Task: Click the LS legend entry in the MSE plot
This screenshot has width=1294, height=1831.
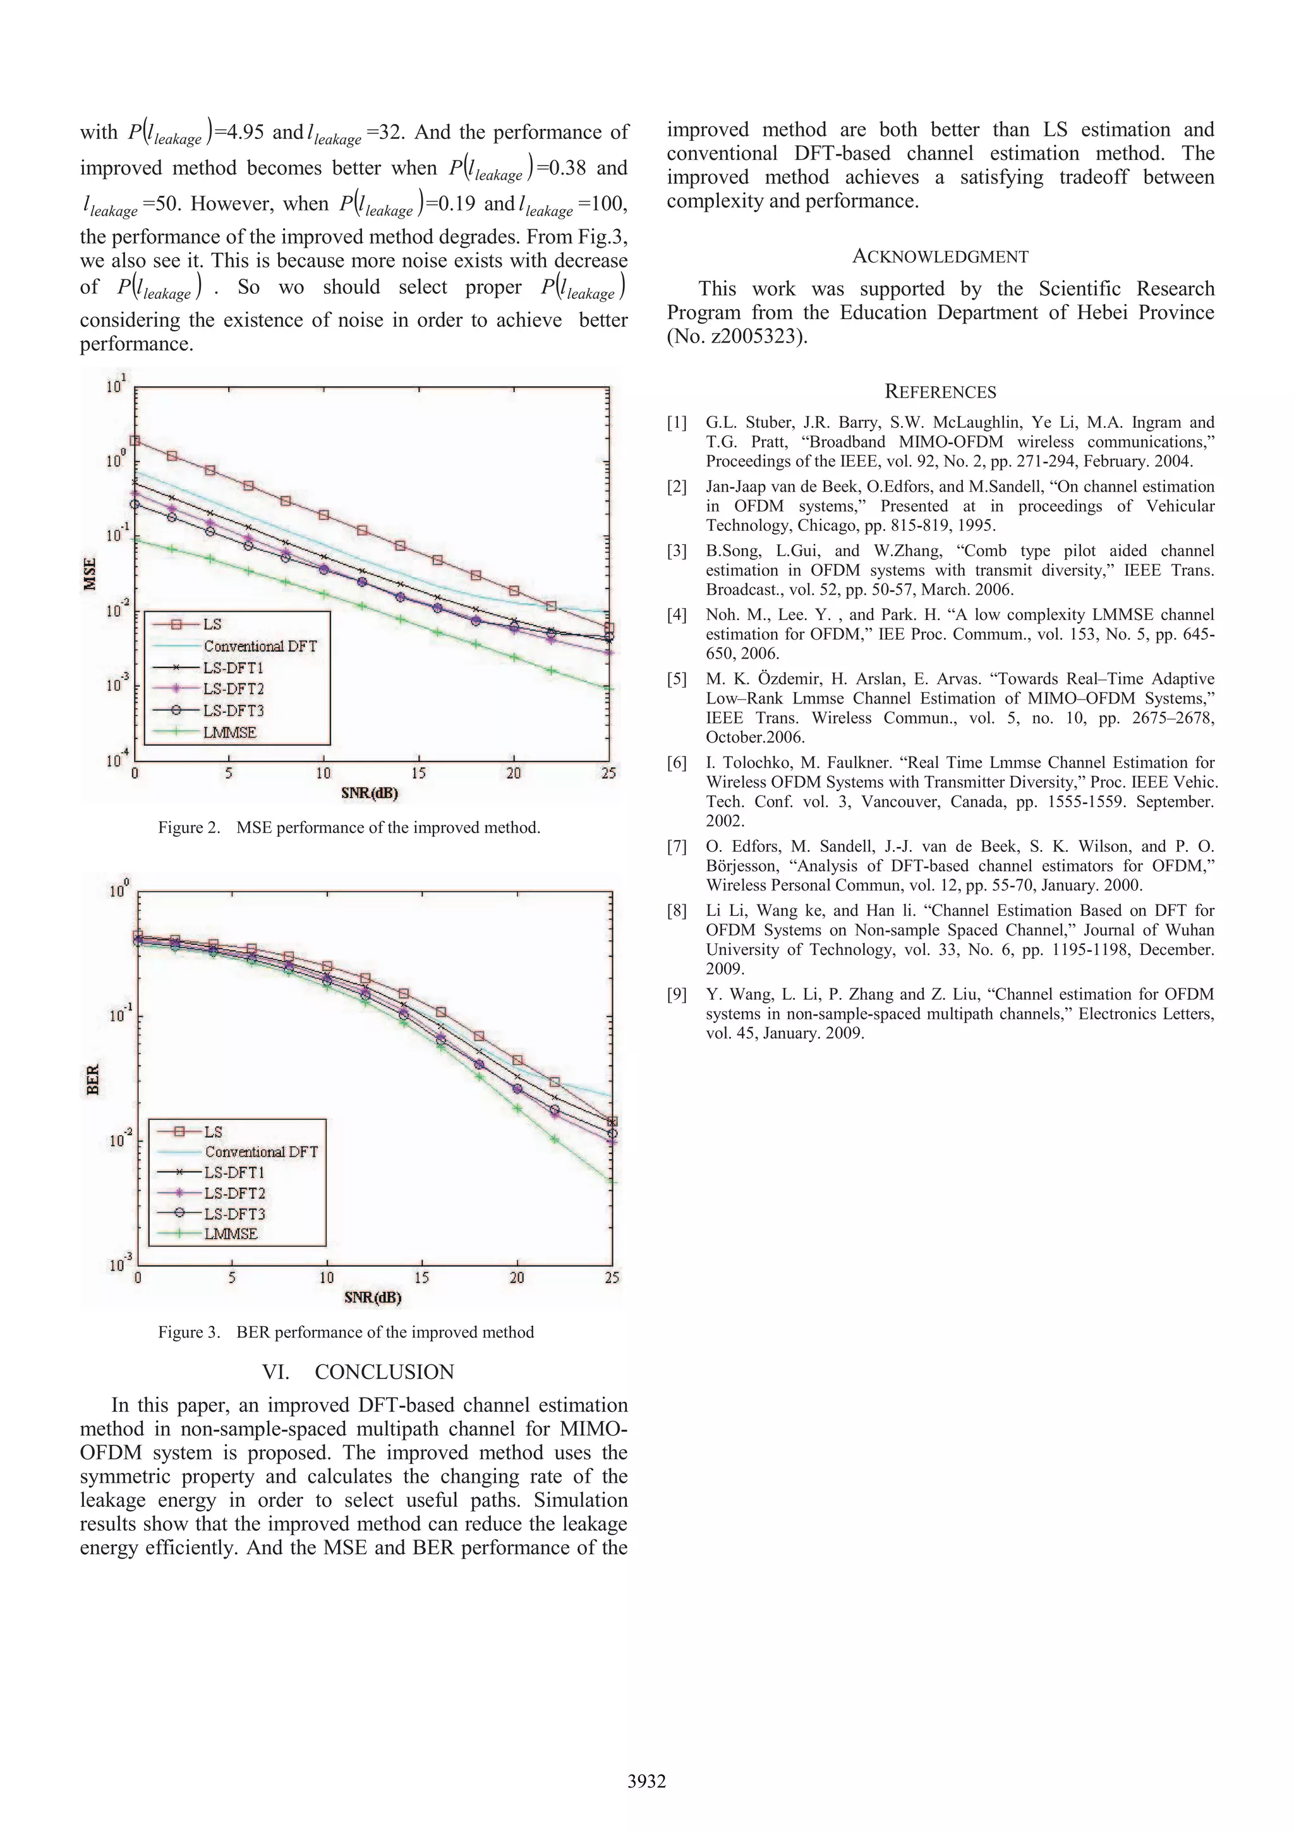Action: [212, 624]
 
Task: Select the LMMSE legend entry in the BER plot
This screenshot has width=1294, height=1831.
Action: [231, 1234]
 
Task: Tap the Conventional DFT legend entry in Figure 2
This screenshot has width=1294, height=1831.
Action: [260, 646]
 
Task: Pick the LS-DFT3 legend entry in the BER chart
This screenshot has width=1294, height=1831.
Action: [234, 1214]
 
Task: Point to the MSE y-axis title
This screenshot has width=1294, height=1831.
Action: [90, 574]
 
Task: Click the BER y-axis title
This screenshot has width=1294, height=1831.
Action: [92, 1079]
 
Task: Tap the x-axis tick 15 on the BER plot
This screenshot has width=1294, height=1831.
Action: [422, 1277]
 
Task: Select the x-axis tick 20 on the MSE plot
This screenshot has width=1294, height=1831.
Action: [514, 773]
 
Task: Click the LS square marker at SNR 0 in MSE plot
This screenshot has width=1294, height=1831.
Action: [135, 440]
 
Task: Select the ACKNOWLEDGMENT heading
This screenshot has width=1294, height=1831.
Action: [940, 257]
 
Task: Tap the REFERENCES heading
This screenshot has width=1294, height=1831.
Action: [940, 392]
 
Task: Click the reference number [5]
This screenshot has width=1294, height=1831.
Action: [676, 679]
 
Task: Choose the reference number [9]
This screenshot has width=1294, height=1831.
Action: [676, 994]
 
